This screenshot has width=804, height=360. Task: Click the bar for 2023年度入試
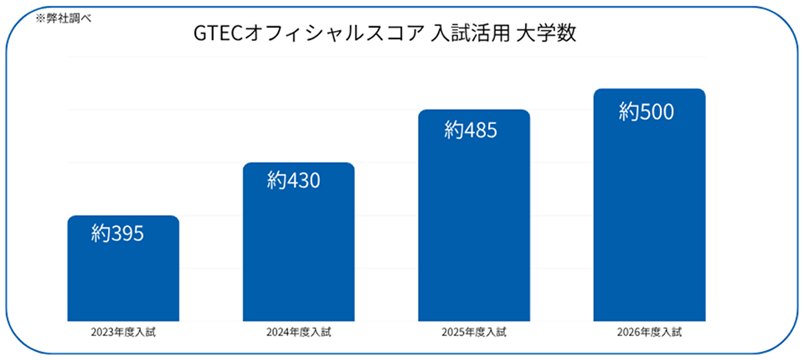(x=123, y=268)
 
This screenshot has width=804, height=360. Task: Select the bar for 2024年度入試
(x=298, y=242)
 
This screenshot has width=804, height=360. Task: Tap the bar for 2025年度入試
(x=474, y=215)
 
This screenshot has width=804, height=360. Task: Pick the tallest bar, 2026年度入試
(x=649, y=204)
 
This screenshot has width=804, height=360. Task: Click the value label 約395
(x=118, y=234)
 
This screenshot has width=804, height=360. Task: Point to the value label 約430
(x=293, y=181)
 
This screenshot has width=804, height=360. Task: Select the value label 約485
(x=471, y=131)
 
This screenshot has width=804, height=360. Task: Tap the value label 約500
(x=646, y=112)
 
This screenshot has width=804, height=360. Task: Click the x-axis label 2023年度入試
(x=123, y=332)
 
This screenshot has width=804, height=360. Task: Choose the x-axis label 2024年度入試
(x=298, y=332)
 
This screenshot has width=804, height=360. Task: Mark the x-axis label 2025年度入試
(x=474, y=332)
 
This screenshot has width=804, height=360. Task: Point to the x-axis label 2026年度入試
(x=650, y=332)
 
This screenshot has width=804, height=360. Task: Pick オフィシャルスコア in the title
(x=333, y=34)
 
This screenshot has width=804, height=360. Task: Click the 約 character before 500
(x=628, y=112)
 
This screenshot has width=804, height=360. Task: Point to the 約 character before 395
(x=100, y=234)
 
